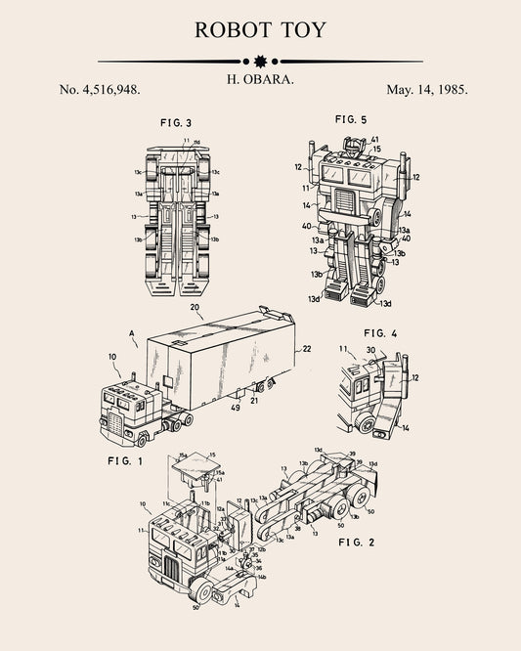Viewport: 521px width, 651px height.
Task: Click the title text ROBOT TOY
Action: [260, 29]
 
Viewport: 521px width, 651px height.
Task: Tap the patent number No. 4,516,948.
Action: [100, 89]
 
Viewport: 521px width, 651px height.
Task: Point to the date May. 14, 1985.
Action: [427, 89]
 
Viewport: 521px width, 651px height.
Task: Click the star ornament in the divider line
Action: [260, 61]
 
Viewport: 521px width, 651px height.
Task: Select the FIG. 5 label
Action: [350, 119]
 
